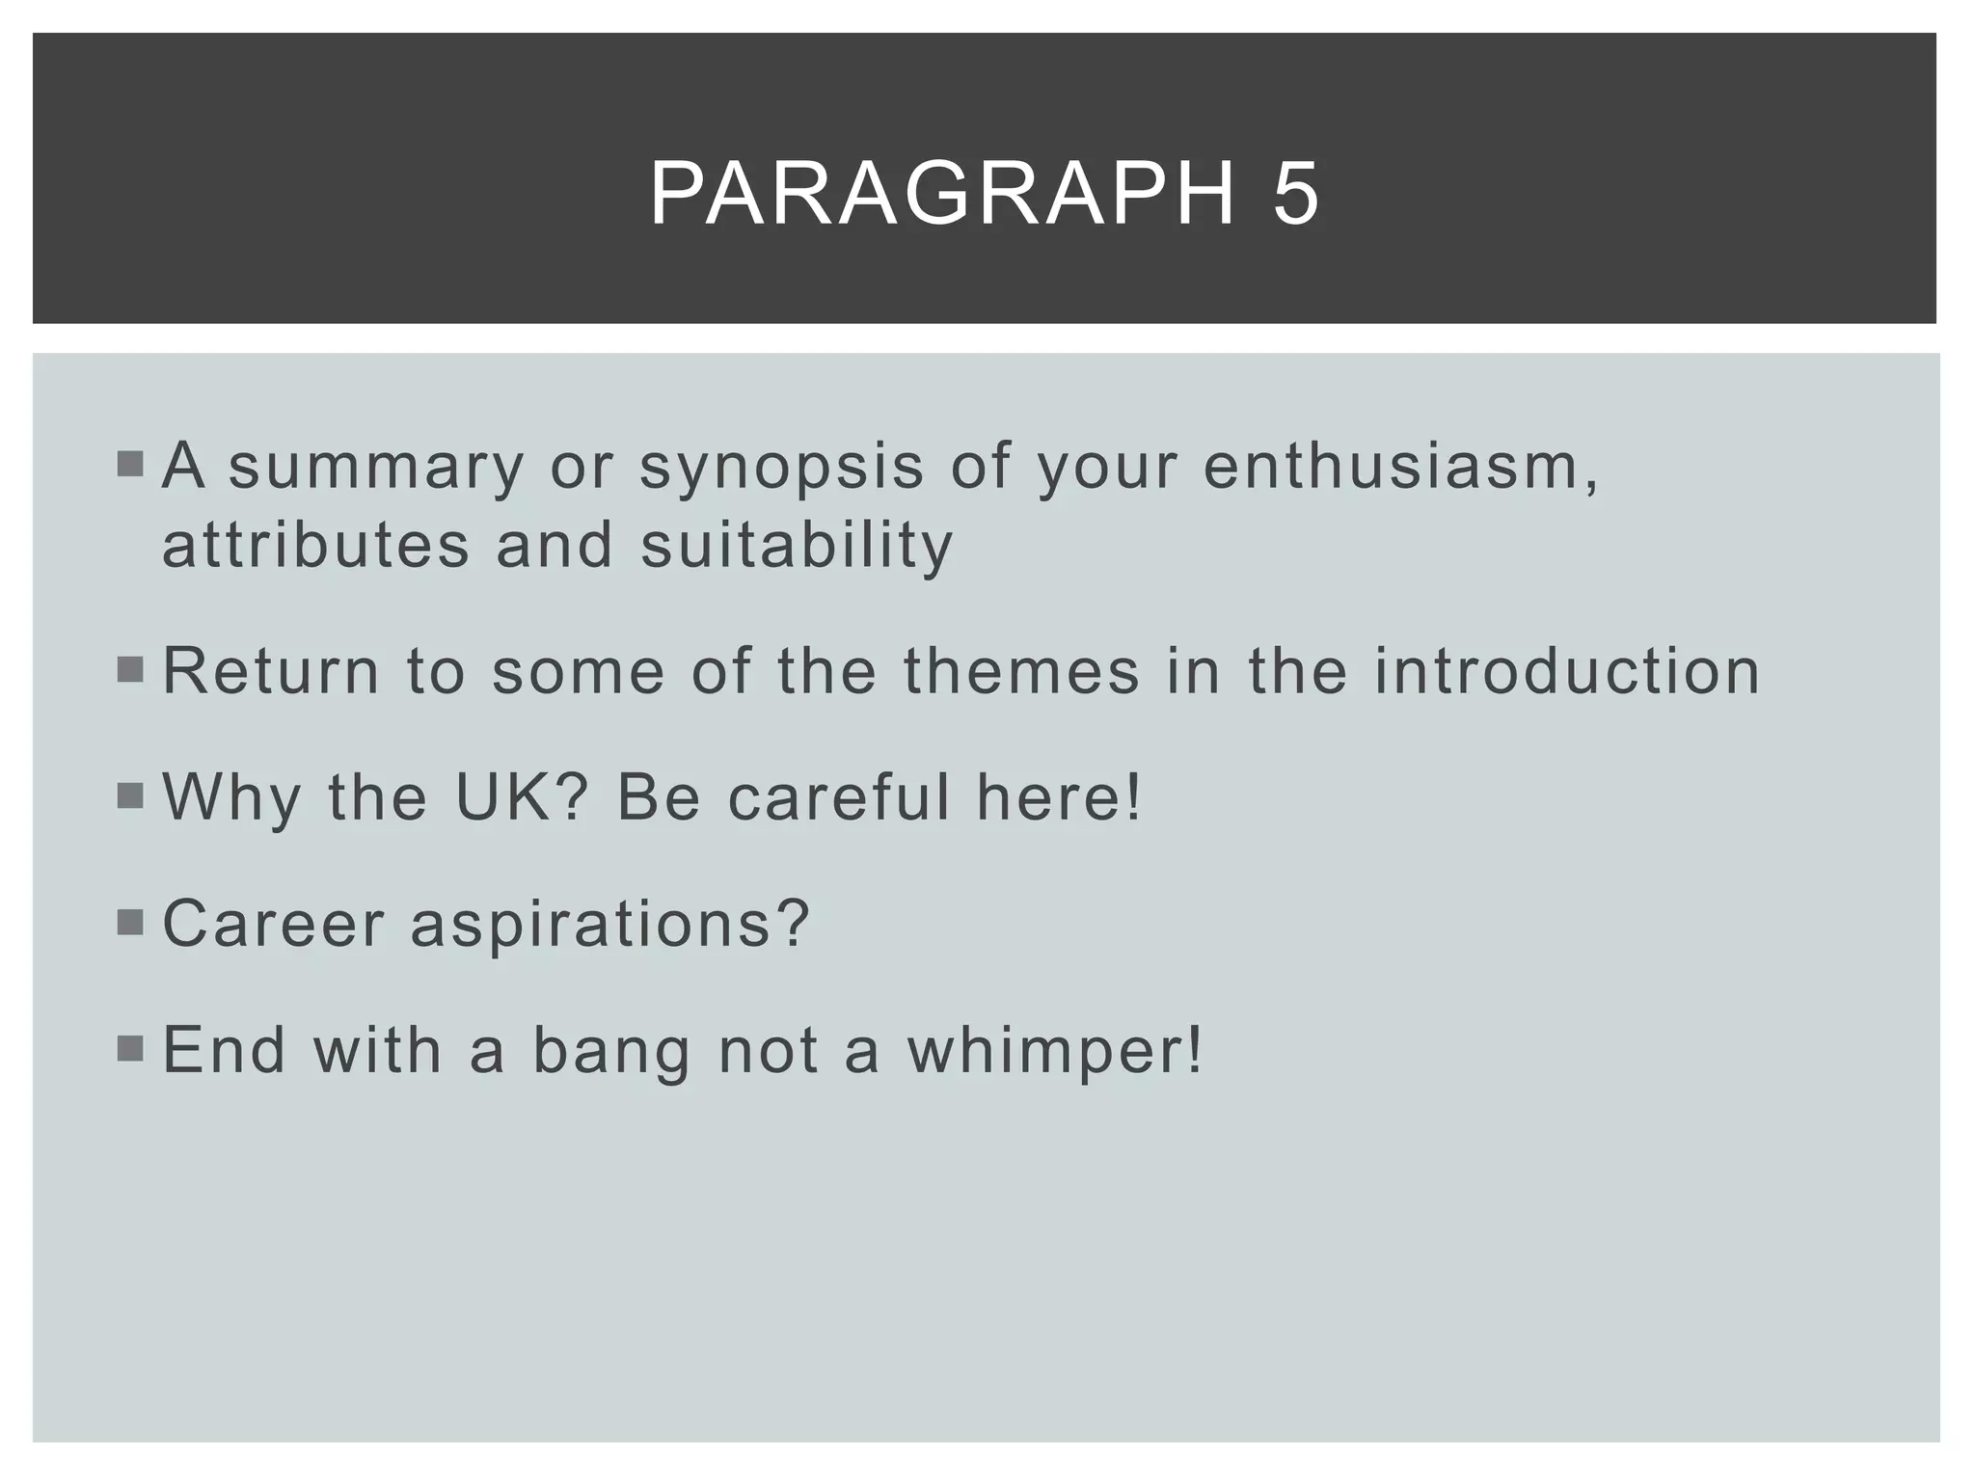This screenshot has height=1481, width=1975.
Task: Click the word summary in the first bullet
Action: [376, 468]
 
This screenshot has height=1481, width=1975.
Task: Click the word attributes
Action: [315, 545]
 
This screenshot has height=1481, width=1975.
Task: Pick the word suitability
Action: [797, 545]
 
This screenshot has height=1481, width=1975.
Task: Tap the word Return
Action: [271, 671]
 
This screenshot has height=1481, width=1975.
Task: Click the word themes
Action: [1021, 671]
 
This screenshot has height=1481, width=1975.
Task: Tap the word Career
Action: [274, 924]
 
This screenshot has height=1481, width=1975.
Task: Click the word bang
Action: [612, 1050]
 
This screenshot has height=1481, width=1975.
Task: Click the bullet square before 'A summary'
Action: [129, 466]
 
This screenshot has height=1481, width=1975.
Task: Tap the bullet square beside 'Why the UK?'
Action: [129, 796]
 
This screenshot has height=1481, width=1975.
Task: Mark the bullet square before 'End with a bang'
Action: [129, 1048]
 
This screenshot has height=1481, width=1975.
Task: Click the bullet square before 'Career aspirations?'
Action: [129, 923]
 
